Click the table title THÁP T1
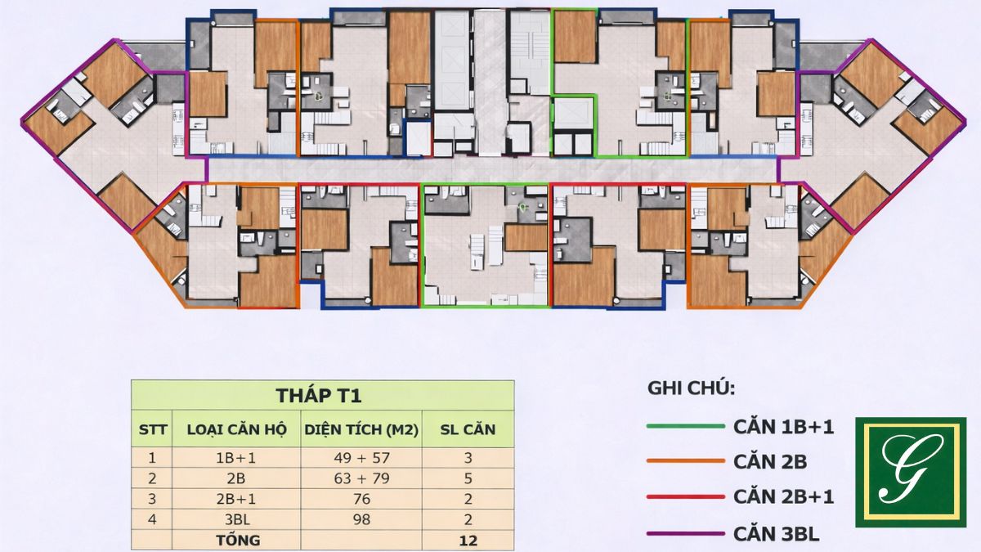[x=319, y=396]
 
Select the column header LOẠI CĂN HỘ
[x=236, y=429]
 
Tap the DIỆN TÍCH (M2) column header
[x=361, y=429]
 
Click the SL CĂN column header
[x=468, y=429]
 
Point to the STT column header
[x=152, y=429]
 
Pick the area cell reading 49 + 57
[x=361, y=458]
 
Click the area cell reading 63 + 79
[x=361, y=478]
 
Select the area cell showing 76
[x=361, y=499]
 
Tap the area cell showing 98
[x=361, y=519]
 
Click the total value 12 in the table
[x=468, y=541]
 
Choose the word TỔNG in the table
[x=238, y=540]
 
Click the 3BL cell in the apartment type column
[x=236, y=519]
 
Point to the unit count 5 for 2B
[x=468, y=478]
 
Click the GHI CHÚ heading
[x=691, y=388]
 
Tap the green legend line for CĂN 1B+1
[x=686, y=426]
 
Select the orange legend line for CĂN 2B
[x=686, y=461]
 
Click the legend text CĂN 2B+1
[x=783, y=497]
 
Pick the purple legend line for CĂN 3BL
[x=686, y=533]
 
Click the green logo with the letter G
[x=911, y=472]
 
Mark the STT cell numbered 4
[x=152, y=519]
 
